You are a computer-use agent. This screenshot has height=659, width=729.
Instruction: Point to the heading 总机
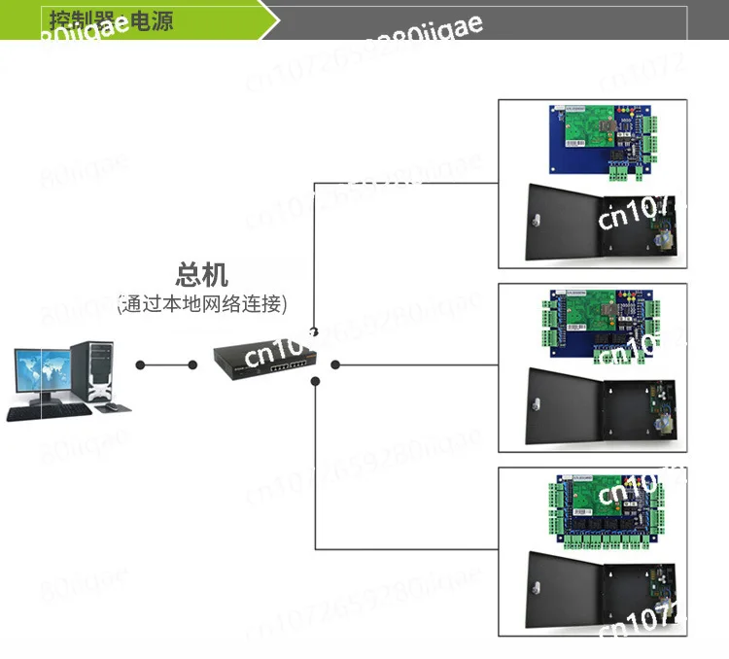tap(203, 274)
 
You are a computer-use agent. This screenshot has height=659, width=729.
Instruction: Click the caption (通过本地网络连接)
tap(202, 304)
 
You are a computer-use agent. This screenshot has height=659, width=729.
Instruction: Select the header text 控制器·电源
tap(109, 19)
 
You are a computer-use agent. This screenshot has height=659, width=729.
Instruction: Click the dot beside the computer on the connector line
tap(141, 365)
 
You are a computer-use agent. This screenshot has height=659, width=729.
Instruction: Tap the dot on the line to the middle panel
tap(335, 365)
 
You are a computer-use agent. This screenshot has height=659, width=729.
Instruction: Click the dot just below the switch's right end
tap(315, 381)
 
